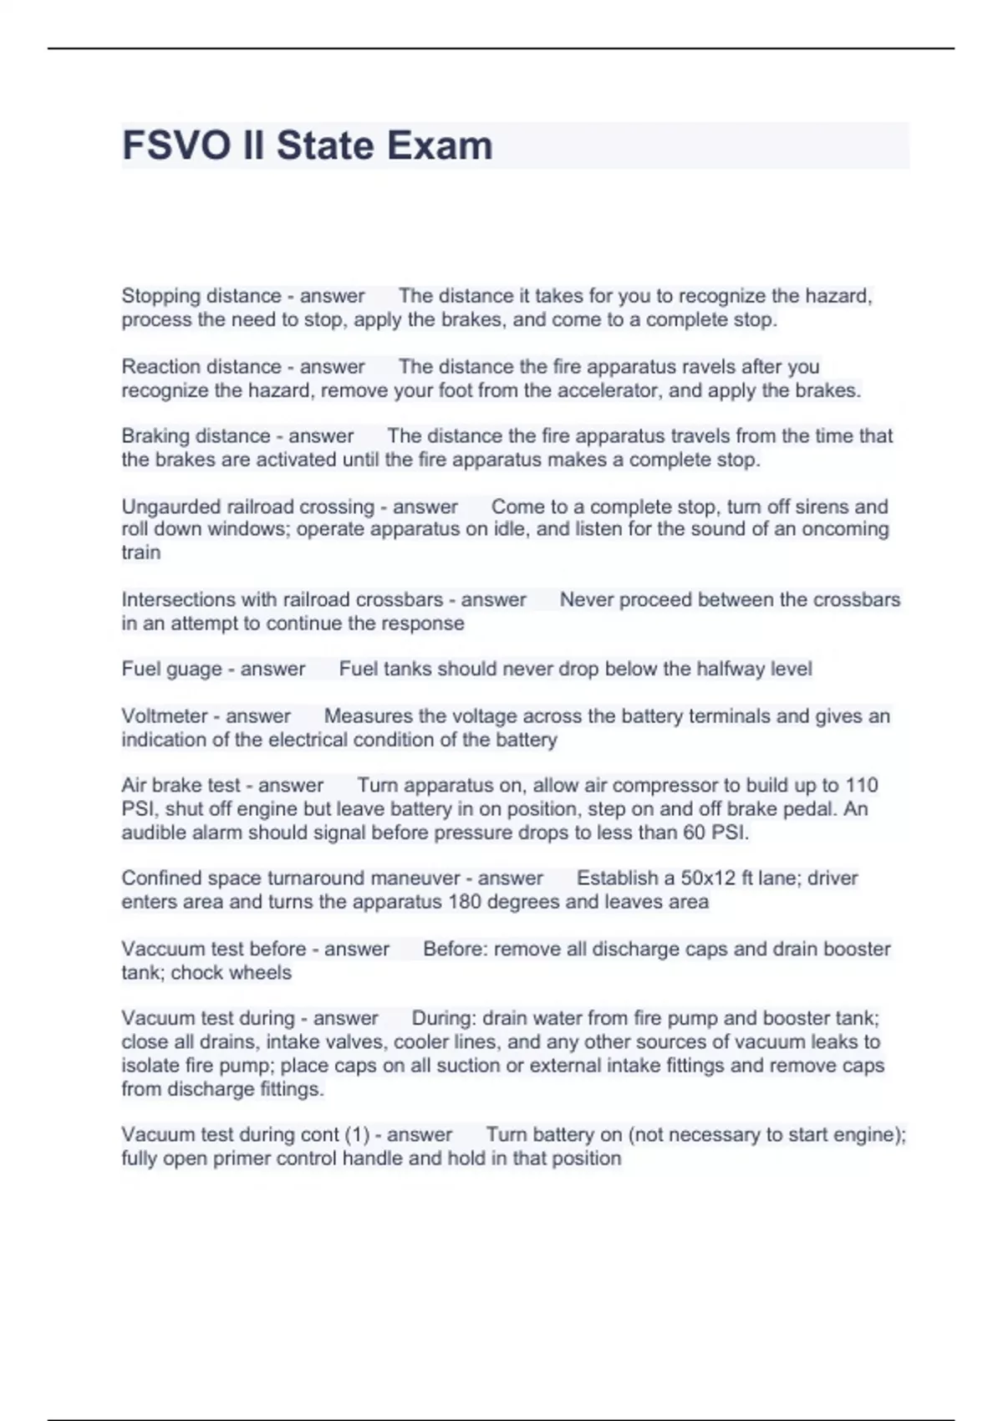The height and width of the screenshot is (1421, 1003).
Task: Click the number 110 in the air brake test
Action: coord(861,785)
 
